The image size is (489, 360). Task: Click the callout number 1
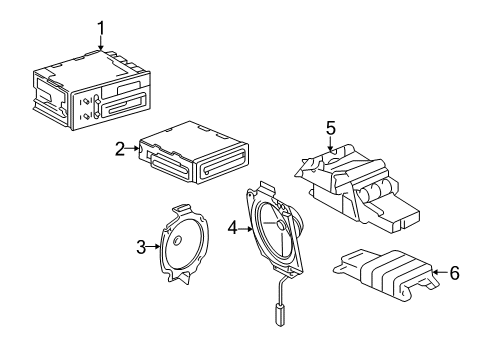click(x=100, y=26)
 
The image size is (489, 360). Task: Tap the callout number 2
click(x=120, y=148)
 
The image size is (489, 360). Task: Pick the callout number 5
click(x=331, y=127)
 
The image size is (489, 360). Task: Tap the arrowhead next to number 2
click(x=136, y=148)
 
